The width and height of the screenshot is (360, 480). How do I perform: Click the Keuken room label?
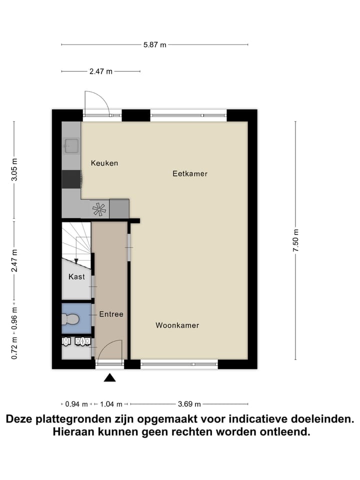(104, 163)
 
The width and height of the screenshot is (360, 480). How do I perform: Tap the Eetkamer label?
(190, 174)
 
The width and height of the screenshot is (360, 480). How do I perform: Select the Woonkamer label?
(177, 325)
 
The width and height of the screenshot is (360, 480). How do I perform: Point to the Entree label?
(111, 314)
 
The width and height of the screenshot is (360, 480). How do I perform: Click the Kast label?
(76, 276)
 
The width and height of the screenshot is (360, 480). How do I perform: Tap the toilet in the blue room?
(70, 318)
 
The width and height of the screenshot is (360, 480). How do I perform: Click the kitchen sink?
(70, 145)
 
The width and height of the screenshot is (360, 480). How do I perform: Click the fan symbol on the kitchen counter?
(99, 209)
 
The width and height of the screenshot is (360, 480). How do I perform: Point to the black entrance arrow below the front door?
(109, 378)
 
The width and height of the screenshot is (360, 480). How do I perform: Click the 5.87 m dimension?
(154, 45)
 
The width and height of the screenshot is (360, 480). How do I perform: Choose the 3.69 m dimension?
(190, 404)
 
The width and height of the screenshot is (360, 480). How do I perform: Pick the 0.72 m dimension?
(14, 347)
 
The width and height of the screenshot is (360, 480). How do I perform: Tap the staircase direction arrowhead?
(75, 260)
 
